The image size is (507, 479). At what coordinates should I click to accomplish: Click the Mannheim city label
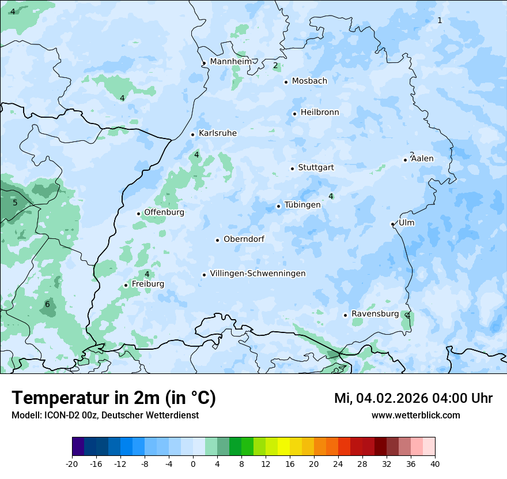click(230, 61)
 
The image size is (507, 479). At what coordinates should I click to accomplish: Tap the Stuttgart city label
click(316, 167)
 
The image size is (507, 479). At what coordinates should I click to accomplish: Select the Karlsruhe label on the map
click(217, 133)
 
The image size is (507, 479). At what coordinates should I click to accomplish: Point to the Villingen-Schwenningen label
click(258, 274)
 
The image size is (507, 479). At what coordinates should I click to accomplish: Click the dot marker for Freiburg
click(126, 285)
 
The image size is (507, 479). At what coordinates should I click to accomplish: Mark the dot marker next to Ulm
click(392, 224)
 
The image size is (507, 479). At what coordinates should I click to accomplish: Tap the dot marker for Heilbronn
click(294, 114)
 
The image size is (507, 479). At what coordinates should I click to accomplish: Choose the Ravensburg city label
click(374, 314)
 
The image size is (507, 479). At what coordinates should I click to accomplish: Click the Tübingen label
click(302, 205)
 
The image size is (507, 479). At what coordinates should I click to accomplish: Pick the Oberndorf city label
click(244, 239)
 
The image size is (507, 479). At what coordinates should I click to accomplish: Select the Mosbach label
click(309, 81)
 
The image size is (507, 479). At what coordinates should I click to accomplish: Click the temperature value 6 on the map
click(47, 305)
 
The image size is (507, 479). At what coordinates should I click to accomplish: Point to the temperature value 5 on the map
click(15, 203)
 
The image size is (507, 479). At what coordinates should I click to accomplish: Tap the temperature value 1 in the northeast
click(440, 20)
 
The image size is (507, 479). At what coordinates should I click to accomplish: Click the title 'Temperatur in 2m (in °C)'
click(113, 398)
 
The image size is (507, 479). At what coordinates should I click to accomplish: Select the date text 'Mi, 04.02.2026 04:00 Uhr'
click(413, 398)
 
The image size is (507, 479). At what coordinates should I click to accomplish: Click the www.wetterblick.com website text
click(415, 415)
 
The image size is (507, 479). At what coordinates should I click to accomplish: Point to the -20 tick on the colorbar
click(72, 463)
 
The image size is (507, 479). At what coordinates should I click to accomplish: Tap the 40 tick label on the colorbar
click(434, 463)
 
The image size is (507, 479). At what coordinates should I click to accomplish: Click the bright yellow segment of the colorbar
click(283, 447)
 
